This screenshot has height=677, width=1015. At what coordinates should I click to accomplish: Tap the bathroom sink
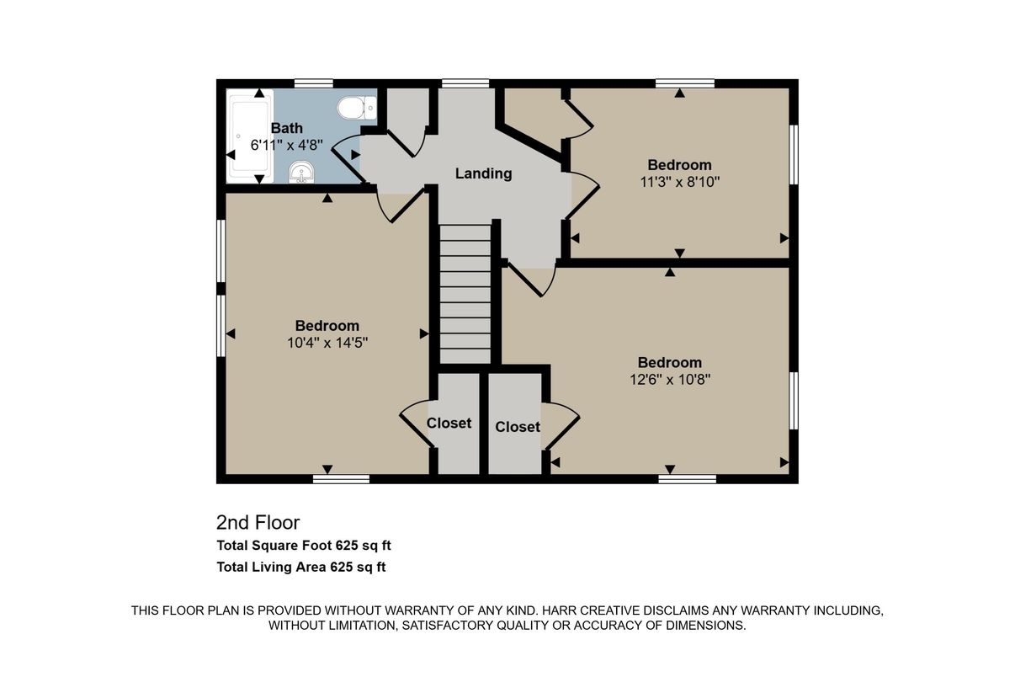tap(300, 172)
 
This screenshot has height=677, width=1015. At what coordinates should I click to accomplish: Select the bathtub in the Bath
tap(250, 135)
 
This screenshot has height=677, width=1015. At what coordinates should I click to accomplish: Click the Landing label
tap(483, 173)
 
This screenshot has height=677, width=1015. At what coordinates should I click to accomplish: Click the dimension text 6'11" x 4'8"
tap(286, 145)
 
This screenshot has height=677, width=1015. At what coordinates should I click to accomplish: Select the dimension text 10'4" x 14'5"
tap(327, 343)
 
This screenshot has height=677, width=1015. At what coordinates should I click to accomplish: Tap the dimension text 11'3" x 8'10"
tap(679, 181)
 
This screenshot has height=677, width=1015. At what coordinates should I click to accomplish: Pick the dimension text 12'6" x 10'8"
tap(670, 379)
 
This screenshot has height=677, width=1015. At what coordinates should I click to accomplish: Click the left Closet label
tap(449, 423)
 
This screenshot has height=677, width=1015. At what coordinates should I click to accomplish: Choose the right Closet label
tap(518, 427)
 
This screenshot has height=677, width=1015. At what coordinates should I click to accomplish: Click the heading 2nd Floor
tap(258, 522)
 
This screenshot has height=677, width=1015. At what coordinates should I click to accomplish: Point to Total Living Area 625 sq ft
tap(300, 567)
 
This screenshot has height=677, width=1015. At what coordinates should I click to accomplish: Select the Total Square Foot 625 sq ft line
tap(303, 545)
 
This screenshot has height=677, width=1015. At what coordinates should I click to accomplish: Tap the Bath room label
tap(286, 128)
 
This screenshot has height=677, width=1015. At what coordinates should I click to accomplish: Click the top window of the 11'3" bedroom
tap(685, 83)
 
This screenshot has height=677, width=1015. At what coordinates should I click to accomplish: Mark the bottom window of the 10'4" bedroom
tap(341, 479)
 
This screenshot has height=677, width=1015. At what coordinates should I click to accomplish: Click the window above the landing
tap(465, 83)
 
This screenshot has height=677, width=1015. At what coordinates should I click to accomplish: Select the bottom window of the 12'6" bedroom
tap(687, 479)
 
